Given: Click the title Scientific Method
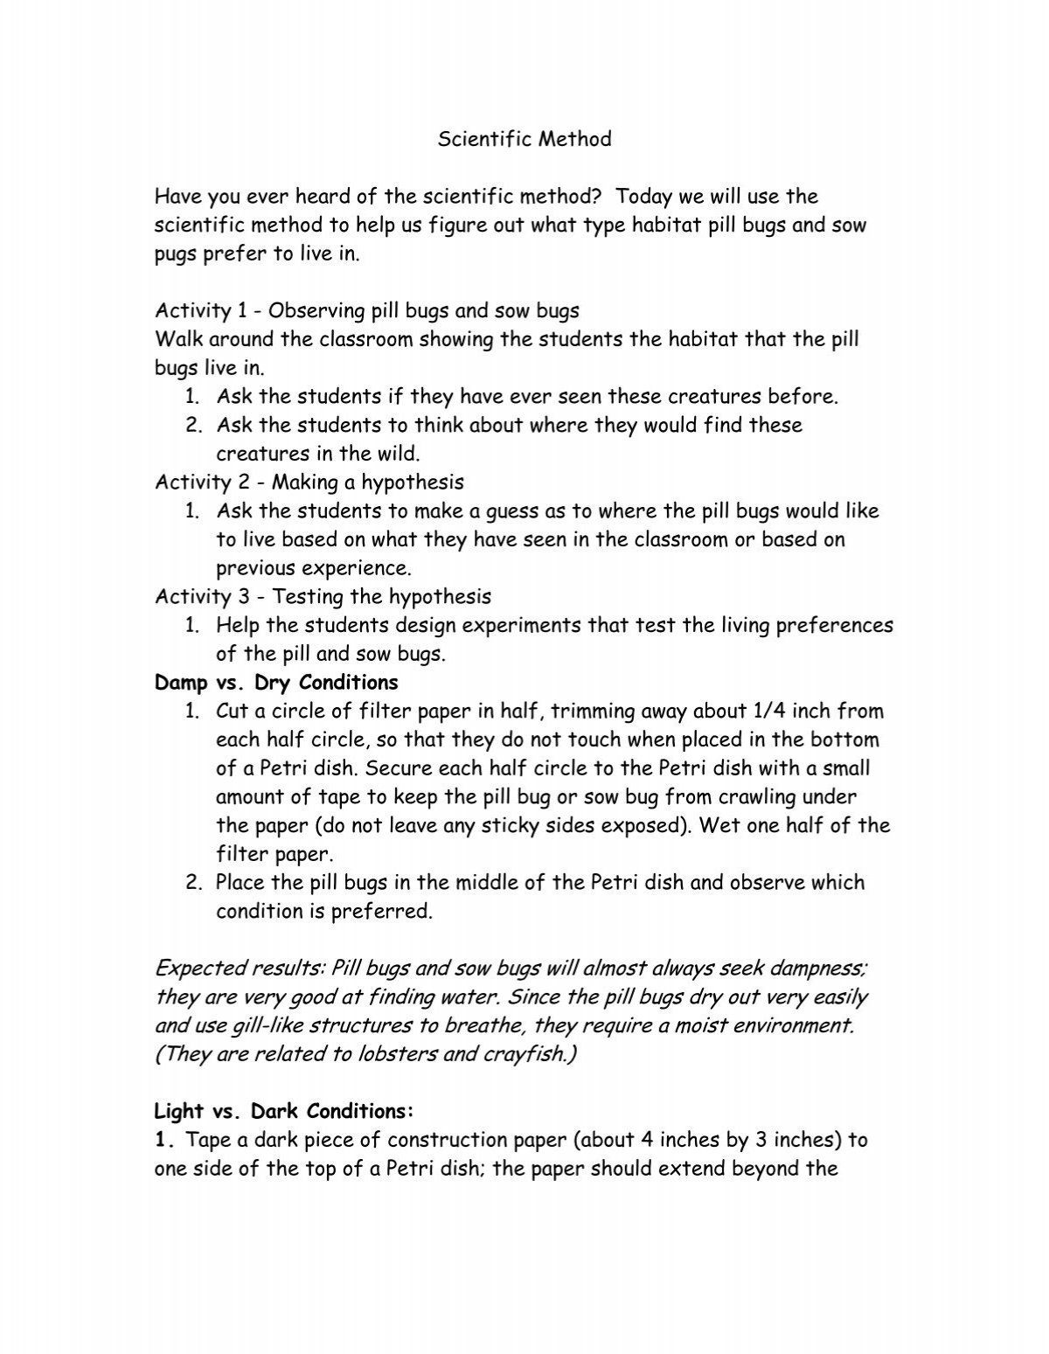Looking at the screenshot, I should pos(524,139).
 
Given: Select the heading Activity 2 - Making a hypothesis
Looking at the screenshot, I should pos(309,482).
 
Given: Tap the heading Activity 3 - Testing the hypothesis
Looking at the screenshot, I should pos(323,597).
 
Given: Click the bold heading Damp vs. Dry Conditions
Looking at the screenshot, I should pos(276,683).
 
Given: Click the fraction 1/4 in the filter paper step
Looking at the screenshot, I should pos(745,712).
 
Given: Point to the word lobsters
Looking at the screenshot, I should pos(398,1054).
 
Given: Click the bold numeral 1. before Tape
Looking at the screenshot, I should pos(168,1140).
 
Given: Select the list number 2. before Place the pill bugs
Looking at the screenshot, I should pos(194,883).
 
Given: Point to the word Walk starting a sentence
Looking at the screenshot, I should pos(177,339).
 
